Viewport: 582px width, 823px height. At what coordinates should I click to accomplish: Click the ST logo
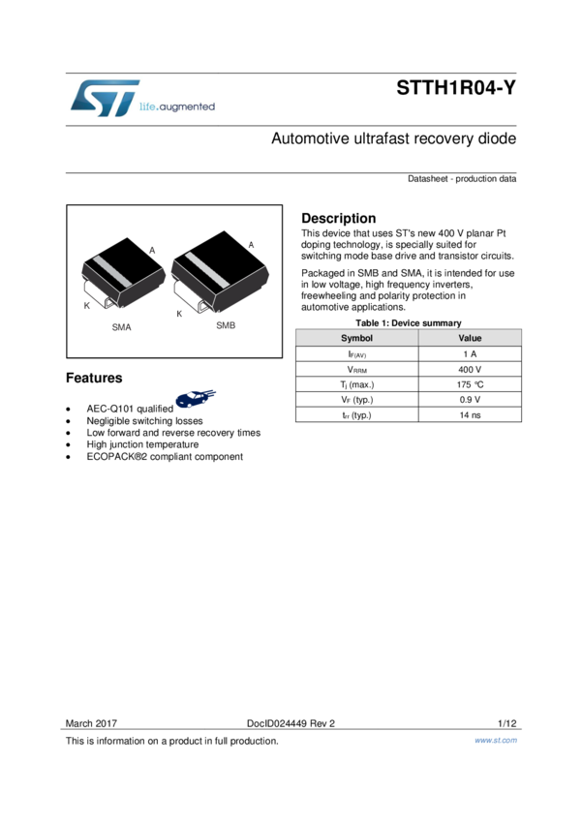(x=105, y=99)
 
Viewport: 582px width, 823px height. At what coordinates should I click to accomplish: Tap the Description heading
(x=338, y=218)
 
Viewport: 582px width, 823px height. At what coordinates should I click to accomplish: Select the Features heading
(x=94, y=378)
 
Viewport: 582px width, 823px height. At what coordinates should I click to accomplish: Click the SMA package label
(x=121, y=327)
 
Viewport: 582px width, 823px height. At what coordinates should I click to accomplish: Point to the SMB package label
(x=226, y=325)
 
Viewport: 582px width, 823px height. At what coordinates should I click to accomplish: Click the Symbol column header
(x=356, y=338)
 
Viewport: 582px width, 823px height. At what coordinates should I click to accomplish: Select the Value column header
(x=470, y=338)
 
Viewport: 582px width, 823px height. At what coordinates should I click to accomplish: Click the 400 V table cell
(x=470, y=369)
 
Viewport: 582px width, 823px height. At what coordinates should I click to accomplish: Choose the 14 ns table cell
(x=470, y=415)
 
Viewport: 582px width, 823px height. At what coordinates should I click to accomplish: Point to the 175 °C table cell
(x=470, y=384)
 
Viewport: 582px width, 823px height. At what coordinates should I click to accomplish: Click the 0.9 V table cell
(x=470, y=400)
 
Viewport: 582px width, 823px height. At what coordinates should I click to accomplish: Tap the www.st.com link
(x=495, y=741)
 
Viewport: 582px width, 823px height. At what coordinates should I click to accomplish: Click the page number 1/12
(x=506, y=723)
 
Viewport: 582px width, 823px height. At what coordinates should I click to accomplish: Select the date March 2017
(x=91, y=723)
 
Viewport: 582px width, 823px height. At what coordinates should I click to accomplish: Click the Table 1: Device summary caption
(x=408, y=322)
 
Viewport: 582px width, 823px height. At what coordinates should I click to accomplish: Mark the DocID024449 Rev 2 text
(x=291, y=723)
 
